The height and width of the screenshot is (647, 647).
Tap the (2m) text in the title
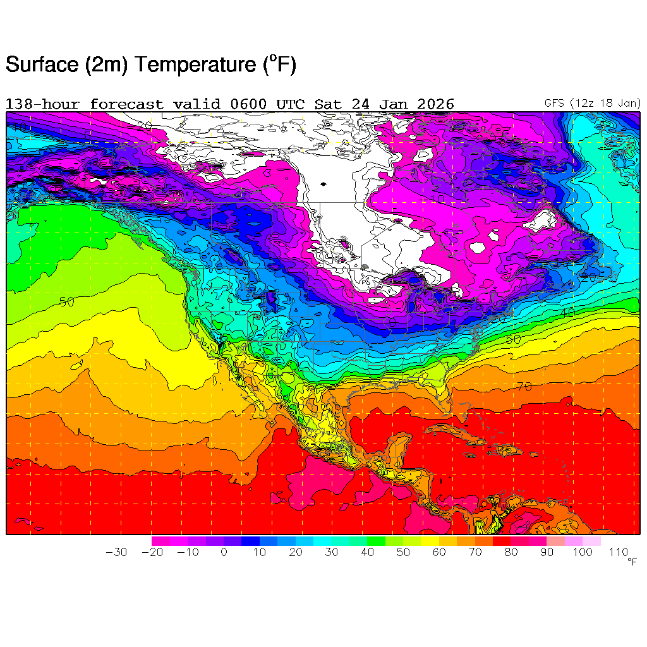click(x=107, y=64)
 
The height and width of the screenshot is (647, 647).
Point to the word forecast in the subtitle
click(x=126, y=104)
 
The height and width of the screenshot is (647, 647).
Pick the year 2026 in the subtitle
click(x=437, y=104)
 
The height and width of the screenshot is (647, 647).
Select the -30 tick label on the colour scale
click(x=116, y=552)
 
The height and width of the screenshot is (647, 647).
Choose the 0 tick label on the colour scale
click(x=224, y=552)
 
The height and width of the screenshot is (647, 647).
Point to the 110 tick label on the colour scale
click(x=619, y=552)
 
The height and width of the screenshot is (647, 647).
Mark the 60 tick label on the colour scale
click(x=439, y=552)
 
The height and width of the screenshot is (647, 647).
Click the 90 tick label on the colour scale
click(x=547, y=552)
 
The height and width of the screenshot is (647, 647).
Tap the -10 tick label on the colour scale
click(x=188, y=552)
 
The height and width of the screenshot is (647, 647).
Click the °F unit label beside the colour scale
click(x=632, y=562)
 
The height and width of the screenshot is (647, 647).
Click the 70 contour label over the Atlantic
click(x=524, y=387)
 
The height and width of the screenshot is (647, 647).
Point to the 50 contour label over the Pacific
click(x=67, y=301)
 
